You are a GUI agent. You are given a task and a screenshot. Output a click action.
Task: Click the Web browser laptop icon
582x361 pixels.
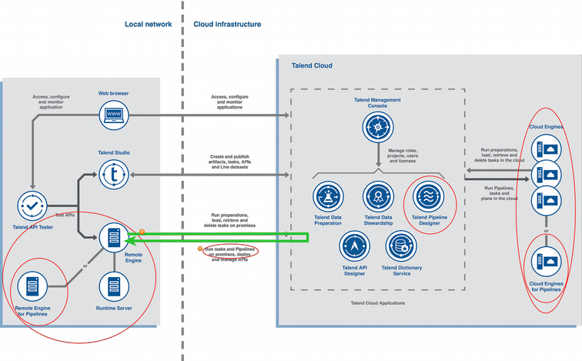(114, 115)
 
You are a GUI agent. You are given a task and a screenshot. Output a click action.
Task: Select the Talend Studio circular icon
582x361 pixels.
(114, 176)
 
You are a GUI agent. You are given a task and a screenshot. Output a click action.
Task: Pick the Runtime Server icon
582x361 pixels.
(114, 286)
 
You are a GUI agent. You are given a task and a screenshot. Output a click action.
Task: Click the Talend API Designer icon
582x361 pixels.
(353, 246)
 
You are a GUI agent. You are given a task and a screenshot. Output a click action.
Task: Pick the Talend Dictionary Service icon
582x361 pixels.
(401, 246)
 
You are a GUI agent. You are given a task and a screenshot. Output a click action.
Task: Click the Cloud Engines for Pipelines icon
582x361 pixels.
(546, 262)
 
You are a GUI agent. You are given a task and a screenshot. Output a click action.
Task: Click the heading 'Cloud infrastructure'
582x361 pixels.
(227, 25)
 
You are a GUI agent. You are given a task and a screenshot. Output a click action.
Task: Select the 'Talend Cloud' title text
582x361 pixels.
(312, 66)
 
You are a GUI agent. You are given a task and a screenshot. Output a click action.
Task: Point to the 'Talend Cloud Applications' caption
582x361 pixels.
(377, 303)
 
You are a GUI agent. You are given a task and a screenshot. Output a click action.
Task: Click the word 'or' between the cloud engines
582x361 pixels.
(546, 230)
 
